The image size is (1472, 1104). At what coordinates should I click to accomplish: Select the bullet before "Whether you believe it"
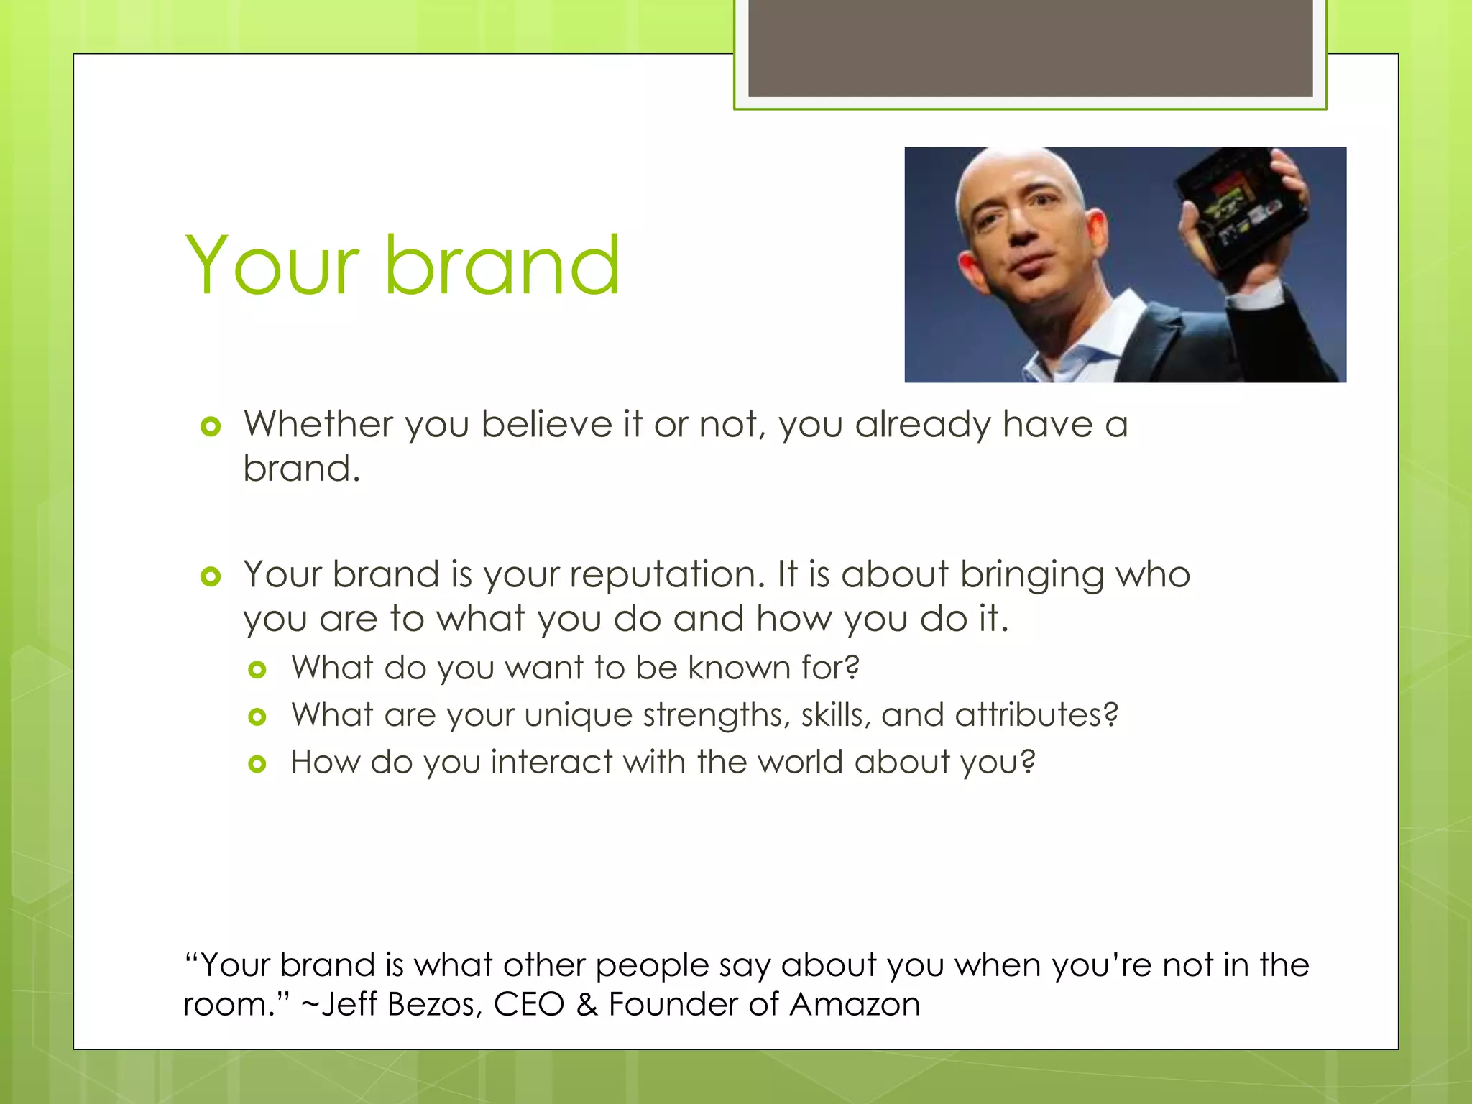pos(211,427)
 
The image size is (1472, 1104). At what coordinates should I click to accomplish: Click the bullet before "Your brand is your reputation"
pos(211,576)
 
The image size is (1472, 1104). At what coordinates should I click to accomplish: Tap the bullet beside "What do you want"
pos(257,670)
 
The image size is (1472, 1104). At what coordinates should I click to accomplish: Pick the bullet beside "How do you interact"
pos(257,764)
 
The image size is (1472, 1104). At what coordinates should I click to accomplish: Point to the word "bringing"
pos(1031,576)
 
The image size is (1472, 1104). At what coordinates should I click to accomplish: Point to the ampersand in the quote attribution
pos(586,1004)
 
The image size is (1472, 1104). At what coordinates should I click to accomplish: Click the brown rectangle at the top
pos(1030,47)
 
